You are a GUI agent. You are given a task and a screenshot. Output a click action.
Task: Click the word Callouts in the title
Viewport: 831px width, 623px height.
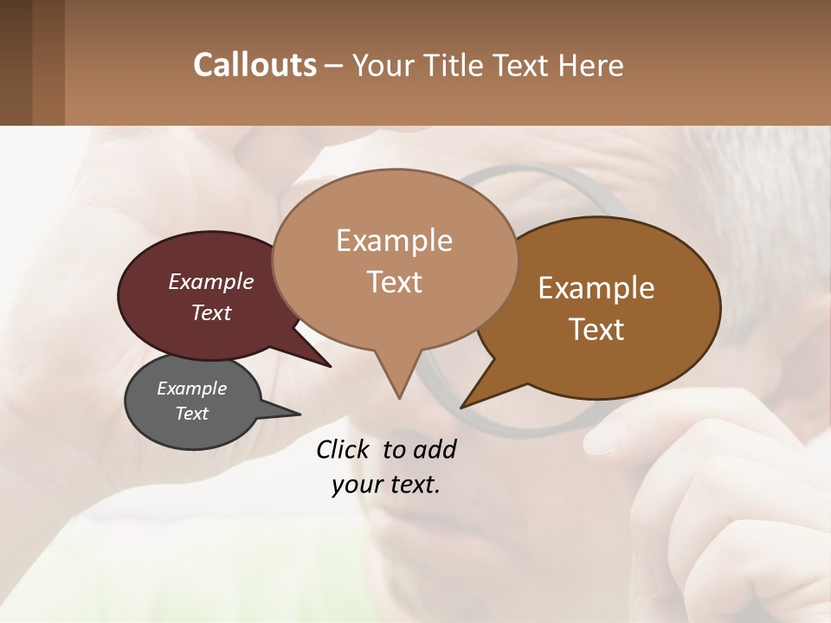click(254, 65)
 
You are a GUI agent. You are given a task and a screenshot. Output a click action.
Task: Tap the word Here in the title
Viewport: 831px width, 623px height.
click(590, 66)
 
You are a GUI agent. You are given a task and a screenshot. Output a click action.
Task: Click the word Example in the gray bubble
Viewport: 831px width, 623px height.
click(191, 389)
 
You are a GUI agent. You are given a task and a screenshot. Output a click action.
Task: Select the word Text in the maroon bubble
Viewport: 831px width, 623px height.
click(211, 313)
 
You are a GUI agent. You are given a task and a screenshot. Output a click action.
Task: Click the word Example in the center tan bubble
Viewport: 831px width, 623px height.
click(394, 241)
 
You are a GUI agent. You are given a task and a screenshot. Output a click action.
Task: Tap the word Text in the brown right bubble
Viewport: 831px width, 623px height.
click(597, 330)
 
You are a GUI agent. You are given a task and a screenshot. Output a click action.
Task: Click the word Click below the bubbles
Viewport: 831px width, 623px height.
click(344, 449)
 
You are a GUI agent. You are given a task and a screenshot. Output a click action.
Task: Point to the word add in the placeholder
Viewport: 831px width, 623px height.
click(434, 449)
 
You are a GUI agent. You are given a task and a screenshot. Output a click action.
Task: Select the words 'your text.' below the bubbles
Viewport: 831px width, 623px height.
click(386, 485)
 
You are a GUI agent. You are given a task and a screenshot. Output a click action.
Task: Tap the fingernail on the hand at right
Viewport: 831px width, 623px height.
click(606, 438)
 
